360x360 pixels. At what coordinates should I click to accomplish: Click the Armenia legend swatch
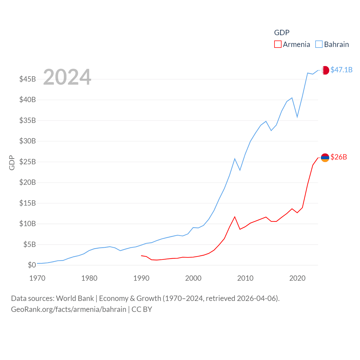pos(278,44)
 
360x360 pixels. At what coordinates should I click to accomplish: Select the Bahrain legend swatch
pos(319,44)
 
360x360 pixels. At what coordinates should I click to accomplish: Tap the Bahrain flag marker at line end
pos(325,70)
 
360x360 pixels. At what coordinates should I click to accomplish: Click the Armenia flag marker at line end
pos(325,157)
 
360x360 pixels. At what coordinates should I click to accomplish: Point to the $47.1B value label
pos(341,70)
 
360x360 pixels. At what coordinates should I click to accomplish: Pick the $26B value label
pos(339,157)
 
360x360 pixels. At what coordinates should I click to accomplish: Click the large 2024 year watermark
pos(67,77)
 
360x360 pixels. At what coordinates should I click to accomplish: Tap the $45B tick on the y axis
pos(28,79)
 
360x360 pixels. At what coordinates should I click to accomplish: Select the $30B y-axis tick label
pos(28,141)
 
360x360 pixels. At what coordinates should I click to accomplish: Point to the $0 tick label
pos(32,265)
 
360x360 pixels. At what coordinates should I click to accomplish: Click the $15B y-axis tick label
pos(28,203)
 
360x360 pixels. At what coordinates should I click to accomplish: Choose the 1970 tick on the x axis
pos(37,278)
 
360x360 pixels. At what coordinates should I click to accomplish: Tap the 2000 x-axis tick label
pos(193,278)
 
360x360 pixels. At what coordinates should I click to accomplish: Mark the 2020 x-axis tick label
pos(297,278)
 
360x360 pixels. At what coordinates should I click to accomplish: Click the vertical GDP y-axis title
pos(12,163)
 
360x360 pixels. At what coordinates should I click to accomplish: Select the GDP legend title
pos(282,33)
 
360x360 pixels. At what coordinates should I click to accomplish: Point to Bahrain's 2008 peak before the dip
pos(235,159)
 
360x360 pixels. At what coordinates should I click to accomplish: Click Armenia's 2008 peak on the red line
pos(235,217)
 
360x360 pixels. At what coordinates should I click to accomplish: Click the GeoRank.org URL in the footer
pos(69,309)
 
